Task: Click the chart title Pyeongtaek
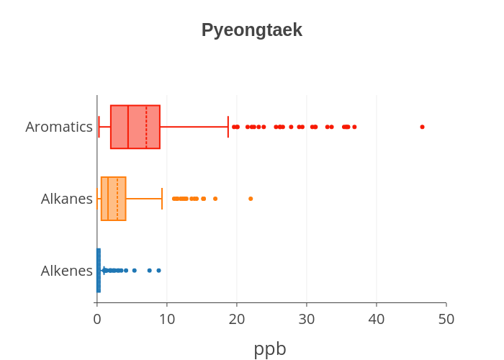coord(251,30)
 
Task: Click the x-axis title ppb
coord(270,348)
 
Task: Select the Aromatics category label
coord(59,127)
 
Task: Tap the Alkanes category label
coord(67,199)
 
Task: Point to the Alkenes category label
coord(67,271)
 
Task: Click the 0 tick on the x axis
coord(97,319)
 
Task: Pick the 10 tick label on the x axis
coord(167,319)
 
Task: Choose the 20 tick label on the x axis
coord(237,319)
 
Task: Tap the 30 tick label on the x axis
coord(307,319)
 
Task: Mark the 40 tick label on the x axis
coord(377,319)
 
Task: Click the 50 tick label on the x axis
coord(446,319)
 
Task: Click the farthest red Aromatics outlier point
coord(422,127)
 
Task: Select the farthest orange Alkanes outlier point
coord(251,199)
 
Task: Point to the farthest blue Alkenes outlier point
coord(158,271)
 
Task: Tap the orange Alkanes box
coord(112,199)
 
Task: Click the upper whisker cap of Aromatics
coord(228,127)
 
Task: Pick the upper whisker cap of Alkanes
coord(162,199)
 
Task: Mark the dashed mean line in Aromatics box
coord(146,127)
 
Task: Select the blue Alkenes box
coord(99,271)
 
